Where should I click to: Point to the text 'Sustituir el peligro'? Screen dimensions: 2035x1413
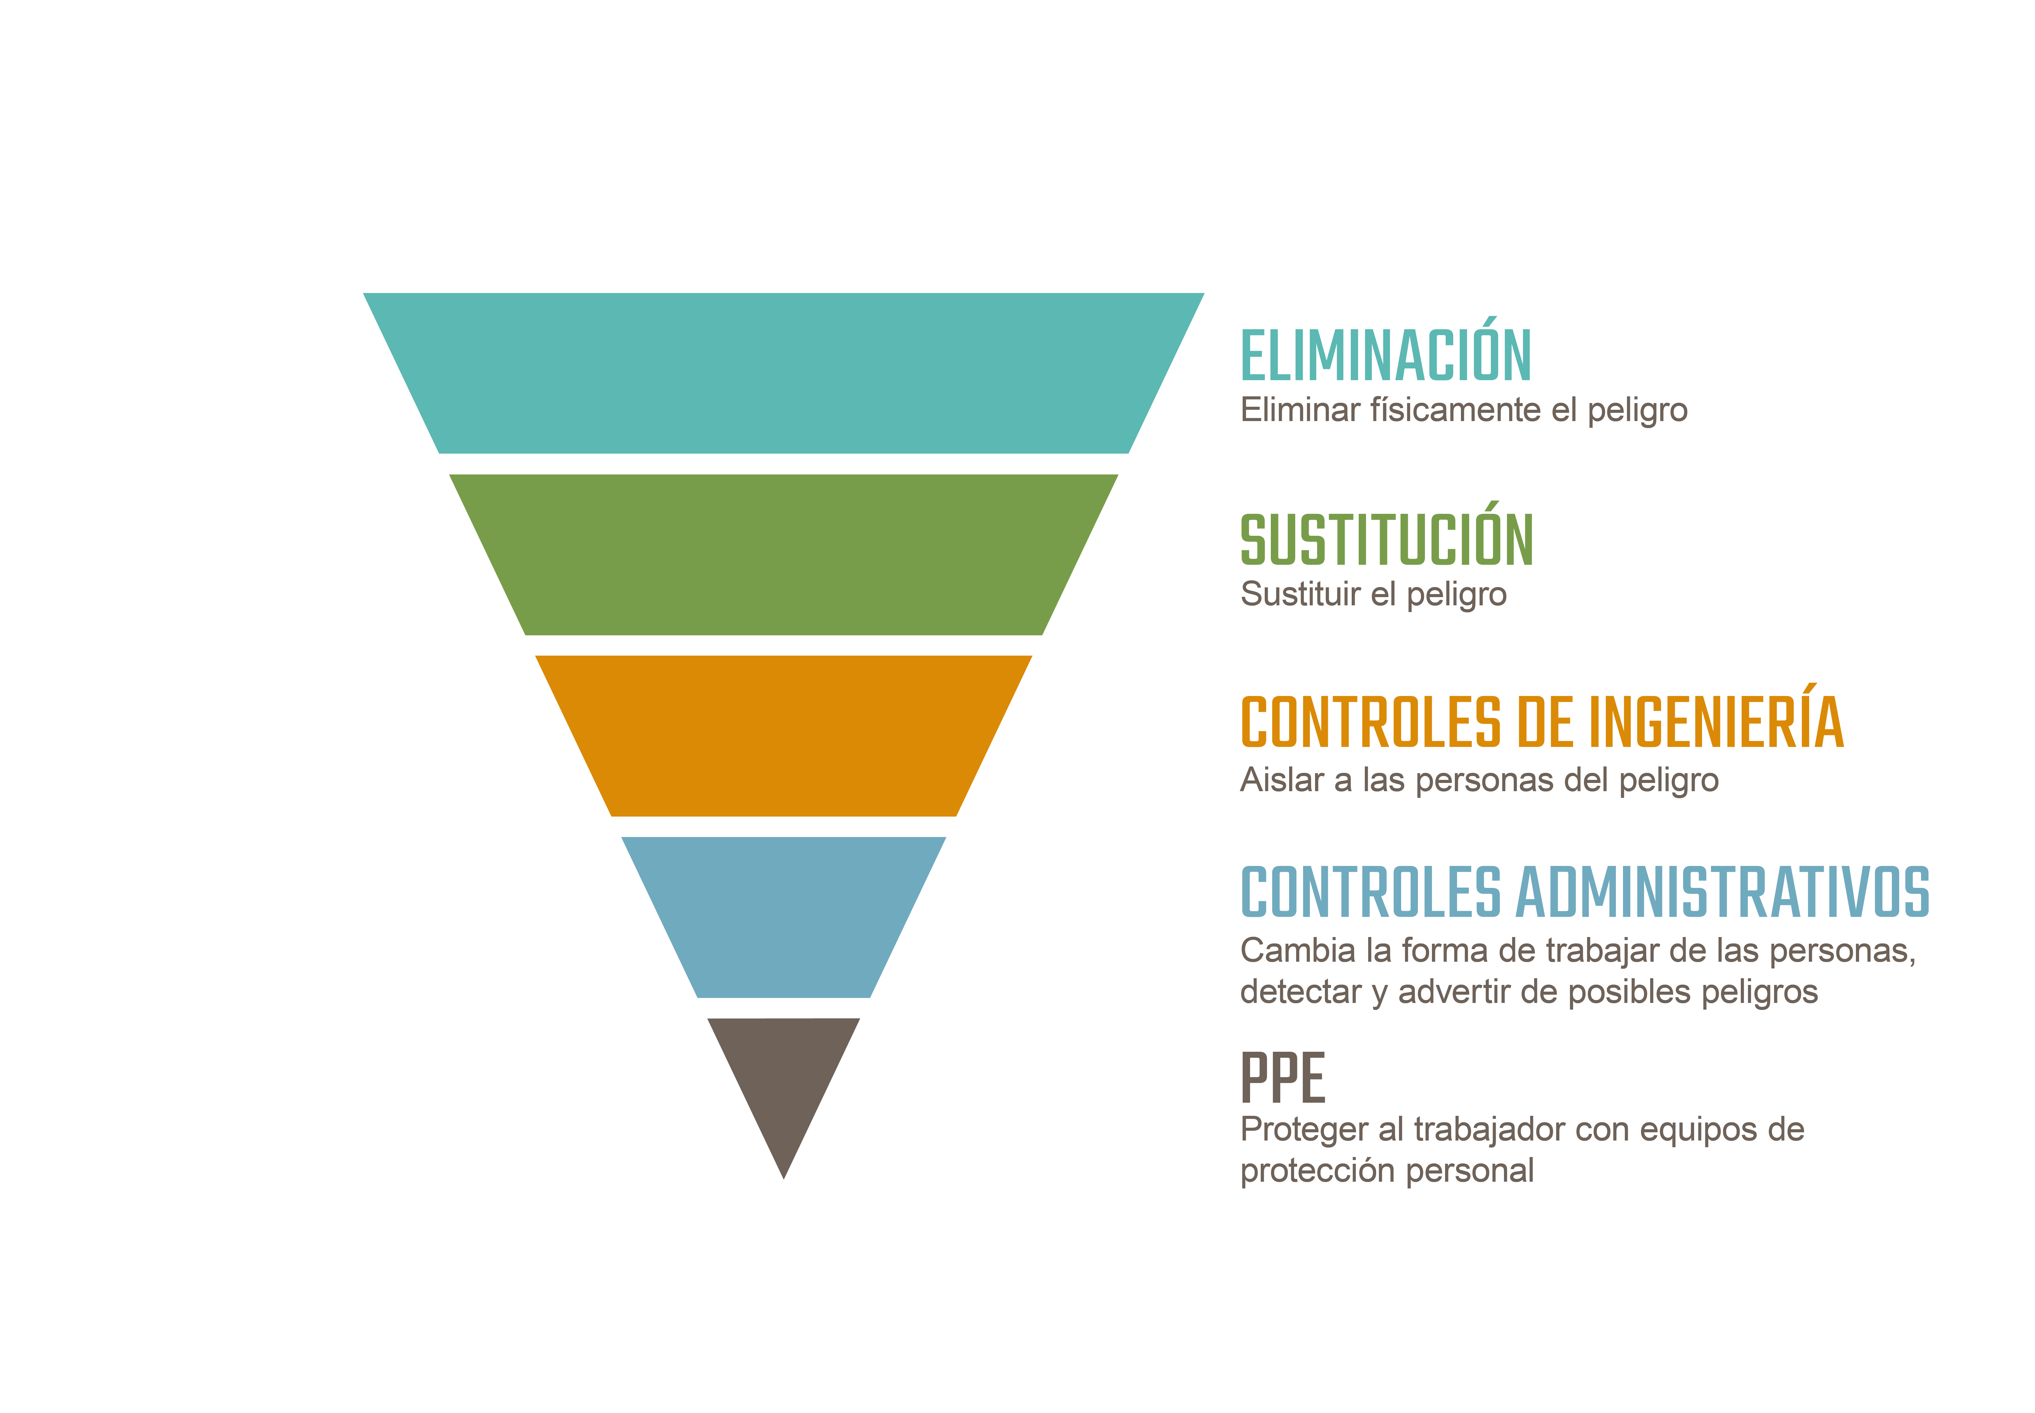point(1373,594)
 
